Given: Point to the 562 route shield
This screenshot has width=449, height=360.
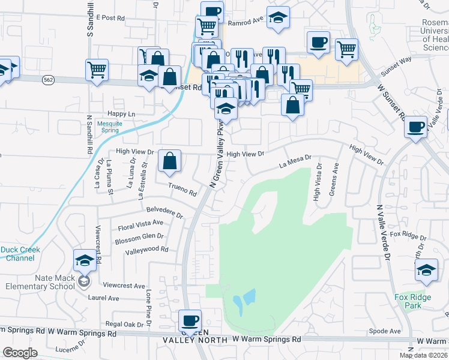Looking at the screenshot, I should point(49,79).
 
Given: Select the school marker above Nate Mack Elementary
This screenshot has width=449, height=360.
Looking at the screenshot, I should point(85,260).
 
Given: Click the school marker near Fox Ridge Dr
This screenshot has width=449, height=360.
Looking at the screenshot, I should point(426,270).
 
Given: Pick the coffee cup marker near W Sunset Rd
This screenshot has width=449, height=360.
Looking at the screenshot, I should point(415,127).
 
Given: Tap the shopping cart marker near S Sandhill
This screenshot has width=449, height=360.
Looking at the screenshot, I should point(97,69).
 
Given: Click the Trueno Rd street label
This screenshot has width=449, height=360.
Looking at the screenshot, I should point(182,190).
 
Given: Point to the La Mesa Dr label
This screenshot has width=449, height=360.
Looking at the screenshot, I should point(295,162).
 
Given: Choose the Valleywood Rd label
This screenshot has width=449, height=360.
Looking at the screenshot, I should point(147,248).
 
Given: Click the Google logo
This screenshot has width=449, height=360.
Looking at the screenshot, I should point(20,353).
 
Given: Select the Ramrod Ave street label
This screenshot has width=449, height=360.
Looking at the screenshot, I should point(246,22).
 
